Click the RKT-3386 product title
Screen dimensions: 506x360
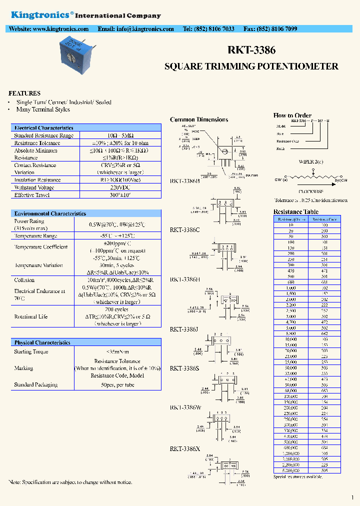tap(251, 50)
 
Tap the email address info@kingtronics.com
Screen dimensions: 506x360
tap(135, 29)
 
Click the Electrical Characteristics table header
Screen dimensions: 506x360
tap(44, 128)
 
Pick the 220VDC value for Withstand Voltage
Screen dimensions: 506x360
tap(118, 187)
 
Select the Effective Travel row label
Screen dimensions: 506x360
tap(31, 195)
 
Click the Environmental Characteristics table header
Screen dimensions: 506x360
tap(50, 213)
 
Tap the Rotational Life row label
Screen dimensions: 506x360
tap(31, 316)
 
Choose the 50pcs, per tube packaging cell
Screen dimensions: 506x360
tap(118, 384)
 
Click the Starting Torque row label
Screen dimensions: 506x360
tap(31, 352)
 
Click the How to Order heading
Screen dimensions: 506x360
tap(292, 115)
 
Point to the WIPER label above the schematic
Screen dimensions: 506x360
tap(310, 162)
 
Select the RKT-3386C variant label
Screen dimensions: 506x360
tap(185, 230)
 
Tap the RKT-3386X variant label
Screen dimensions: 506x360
tap(185, 449)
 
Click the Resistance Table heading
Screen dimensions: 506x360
tap(295, 211)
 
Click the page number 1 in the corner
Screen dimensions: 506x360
tap(352, 497)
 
